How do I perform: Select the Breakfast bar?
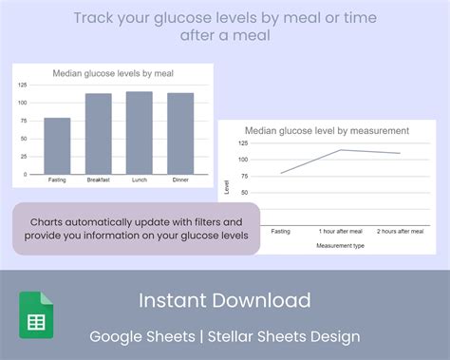[99, 133]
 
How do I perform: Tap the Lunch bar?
[140, 132]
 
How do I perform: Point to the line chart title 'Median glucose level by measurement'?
[327, 130]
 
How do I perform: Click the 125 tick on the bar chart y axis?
[21, 85]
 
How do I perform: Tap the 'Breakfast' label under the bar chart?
[99, 180]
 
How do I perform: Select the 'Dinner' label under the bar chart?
[180, 180]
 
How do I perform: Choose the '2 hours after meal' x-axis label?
[399, 231]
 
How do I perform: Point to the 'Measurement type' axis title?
[340, 244]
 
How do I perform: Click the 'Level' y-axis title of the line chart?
[226, 187]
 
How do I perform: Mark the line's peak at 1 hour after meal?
[342, 150]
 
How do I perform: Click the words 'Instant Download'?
[225, 301]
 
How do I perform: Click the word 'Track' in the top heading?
[96, 18]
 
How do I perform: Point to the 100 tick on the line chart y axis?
[242, 159]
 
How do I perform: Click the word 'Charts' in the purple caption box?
[47, 222]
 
